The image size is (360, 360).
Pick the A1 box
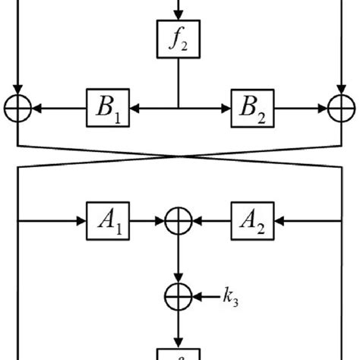(106, 222)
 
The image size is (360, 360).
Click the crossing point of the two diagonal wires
(179, 155)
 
